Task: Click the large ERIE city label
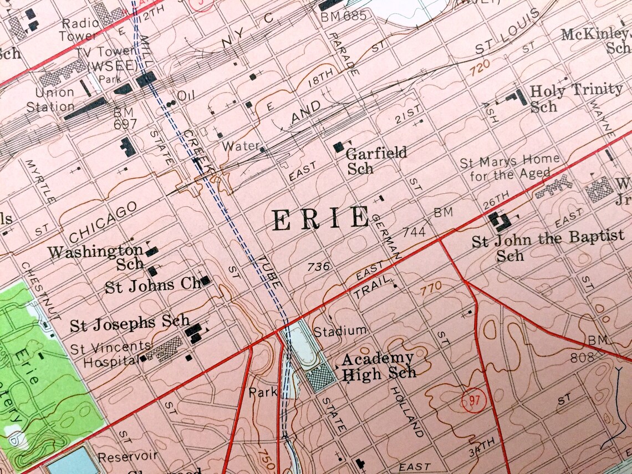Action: [x=320, y=218]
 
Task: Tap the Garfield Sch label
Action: [x=376, y=160]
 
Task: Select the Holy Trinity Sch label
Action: [x=575, y=97]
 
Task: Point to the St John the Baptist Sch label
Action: [x=547, y=245]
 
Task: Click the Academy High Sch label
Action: [x=378, y=366]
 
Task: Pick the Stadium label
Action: [x=340, y=332]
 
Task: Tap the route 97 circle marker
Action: [x=472, y=399]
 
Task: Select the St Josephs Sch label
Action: [x=130, y=324]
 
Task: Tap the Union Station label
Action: [x=54, y=99]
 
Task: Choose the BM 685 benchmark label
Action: [x=344, y=16]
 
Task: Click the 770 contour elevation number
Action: [x=431, y=287]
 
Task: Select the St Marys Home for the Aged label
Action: [x=509, y=168]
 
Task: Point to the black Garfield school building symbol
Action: [x=338, y=147]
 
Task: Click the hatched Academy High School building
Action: [x=322, y=379]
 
